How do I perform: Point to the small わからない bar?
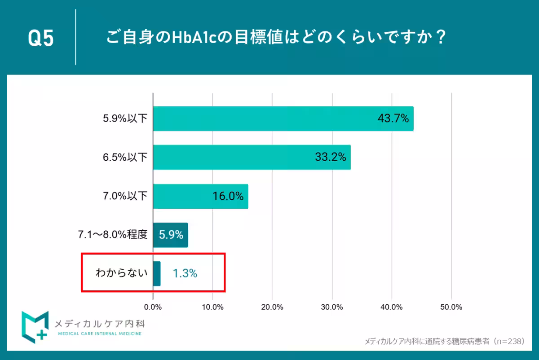[x=157, y=273]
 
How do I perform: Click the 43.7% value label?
[x=393, y=119]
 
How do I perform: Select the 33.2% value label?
[x=330, y=157]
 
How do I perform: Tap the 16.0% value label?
[x=228, y=196]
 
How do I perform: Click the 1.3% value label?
[x=185, y=273]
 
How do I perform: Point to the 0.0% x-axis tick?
[x=153, y=307]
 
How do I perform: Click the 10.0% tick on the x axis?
[x=212, y=307]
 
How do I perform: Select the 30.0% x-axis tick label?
[x=332, y=307]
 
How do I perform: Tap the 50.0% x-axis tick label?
[x=451, y=307]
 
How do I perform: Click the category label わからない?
[x=121, y=272]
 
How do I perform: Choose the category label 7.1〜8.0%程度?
[x=112, y=234]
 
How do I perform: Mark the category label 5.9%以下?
[x=125, y=119]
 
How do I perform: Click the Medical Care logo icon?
[x=35, y=326]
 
